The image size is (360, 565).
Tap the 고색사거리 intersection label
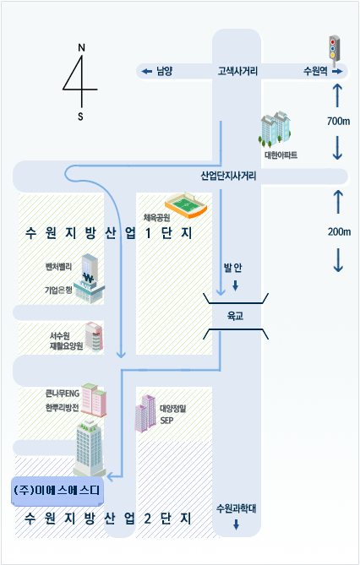237,71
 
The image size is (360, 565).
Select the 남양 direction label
165,71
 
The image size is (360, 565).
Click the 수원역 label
315,71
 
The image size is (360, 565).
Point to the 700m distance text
338,121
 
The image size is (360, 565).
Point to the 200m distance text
339,231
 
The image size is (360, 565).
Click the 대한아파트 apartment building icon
275,129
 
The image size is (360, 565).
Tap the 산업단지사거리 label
228,176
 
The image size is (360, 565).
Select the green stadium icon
186,205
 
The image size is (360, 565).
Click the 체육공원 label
156,217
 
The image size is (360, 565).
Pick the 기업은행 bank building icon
89,278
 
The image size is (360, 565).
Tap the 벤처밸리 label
58,267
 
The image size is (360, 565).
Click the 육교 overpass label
235,316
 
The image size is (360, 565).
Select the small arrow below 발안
235,285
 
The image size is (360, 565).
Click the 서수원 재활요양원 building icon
94,336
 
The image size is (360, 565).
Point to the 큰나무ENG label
62,394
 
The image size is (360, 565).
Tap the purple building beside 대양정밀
145,413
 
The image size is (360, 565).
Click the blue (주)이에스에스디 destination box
57,491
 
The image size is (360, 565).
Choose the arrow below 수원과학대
237,524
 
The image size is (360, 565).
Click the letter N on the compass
81,47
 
